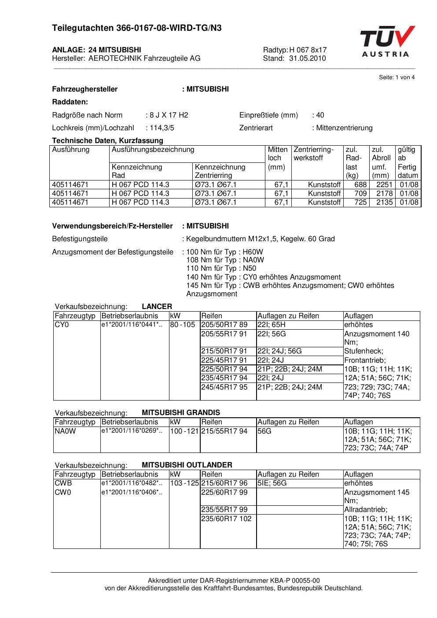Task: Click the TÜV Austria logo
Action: coord(387,41)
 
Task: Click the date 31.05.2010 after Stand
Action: coord(307,58)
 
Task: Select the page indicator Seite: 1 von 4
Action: coord(397,77)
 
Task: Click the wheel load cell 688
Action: coord(360,185)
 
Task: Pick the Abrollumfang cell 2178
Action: coord(384,194)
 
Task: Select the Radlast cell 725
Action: coord(360,202)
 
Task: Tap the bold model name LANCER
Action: coord(157,307)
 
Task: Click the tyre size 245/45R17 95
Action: coord(224,387)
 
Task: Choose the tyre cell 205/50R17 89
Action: coord(224,325)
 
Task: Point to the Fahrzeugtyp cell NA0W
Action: coord(65,431)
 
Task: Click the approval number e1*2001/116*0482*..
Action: coord(132,483)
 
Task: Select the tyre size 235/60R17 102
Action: coord(226,519)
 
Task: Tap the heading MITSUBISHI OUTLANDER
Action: coord(187,465)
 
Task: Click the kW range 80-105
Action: coord(183,325)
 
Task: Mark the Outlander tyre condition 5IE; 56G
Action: coord(272,483)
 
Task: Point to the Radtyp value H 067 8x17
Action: coord(308,50)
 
